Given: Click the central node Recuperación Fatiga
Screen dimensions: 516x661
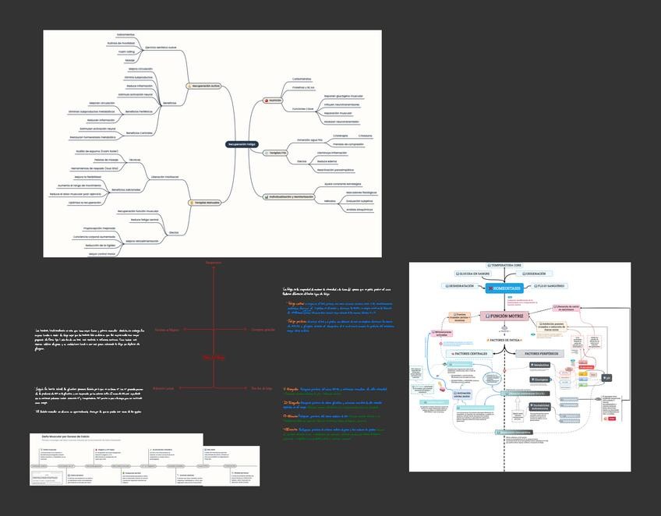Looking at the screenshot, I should coord(242,144).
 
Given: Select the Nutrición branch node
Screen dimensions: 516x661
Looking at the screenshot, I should coord(274,101).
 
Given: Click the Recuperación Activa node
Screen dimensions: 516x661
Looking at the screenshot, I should coord(204,85).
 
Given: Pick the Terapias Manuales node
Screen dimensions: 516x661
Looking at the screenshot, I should coord(204,203).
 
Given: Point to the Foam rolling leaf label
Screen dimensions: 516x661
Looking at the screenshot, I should coord(127,51).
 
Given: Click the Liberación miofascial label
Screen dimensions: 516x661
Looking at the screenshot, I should coord(164,177).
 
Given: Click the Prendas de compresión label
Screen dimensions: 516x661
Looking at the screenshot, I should coord(348,144).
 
